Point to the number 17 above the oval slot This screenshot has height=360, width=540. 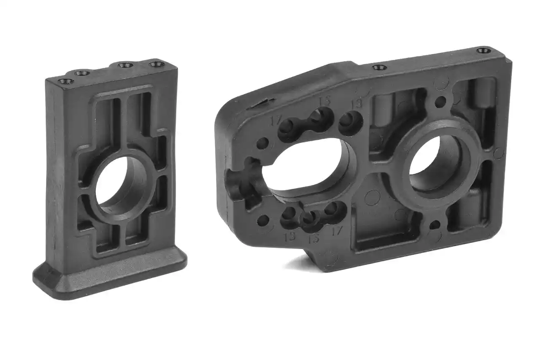(275, 120)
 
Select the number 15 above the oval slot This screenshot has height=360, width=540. (324, 102)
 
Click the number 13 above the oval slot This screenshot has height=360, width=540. (356, 104)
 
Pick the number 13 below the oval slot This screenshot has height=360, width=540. (290, 236)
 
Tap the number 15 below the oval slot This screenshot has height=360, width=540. (313, 239)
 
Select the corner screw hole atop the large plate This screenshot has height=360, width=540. (483, 51)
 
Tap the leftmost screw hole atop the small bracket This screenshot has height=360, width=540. (65, 81)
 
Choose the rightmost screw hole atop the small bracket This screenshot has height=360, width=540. (157, 64)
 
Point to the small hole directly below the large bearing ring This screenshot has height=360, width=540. (434, 224)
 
